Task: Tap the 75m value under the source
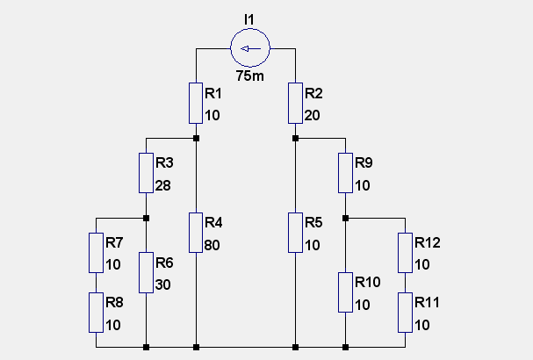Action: click(250, 76)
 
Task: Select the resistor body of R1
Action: click(196, 103)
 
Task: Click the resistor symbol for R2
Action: click(295, 103)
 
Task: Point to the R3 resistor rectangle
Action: click(146, 173)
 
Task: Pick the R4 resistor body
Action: click(196, 233)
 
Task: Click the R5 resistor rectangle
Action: click(295, 233)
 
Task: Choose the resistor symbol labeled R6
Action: click(146, 273)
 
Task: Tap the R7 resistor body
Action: click(96, 253)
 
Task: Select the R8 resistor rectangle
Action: click(96, 313)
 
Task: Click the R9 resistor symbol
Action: click(345, 173)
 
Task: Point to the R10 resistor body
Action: click(345, 292)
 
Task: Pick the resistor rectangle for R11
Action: click(405, 313)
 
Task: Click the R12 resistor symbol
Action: click(405, 253)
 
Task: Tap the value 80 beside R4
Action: click(212, 245)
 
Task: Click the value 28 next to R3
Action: click(162, 185)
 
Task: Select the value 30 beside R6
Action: click(162, 284)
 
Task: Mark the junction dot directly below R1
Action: click(196, 139)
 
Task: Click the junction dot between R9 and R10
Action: click(345, 219)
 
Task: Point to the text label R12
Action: click(428, 242)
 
